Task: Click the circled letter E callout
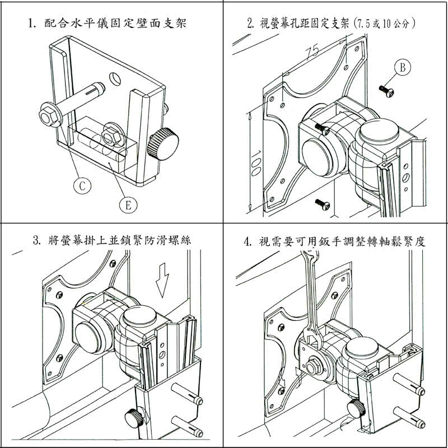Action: tap(128, 205)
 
